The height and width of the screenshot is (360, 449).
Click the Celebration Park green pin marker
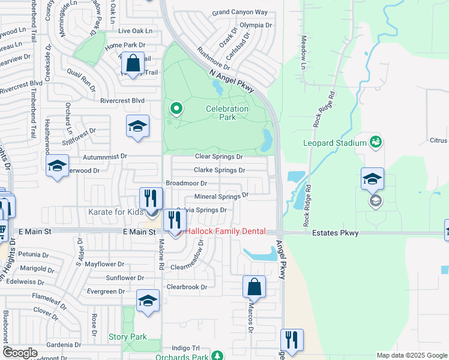(176, 109)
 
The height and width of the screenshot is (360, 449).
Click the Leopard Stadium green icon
(376, 142)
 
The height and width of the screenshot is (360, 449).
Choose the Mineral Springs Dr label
(221, 196)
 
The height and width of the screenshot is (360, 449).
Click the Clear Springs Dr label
(218, 157)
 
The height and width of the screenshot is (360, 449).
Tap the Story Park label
(127, 337)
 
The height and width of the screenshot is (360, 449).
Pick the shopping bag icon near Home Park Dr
(134, 62)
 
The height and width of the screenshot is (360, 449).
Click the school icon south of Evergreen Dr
(148, 302)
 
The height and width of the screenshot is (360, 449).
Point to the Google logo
(20, 353)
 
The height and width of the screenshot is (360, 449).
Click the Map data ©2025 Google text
(411, 355)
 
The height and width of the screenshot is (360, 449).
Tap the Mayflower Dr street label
(104, 264)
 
